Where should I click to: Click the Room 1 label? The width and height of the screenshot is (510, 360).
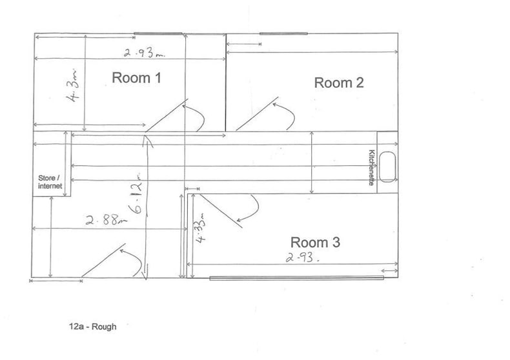[136, 78]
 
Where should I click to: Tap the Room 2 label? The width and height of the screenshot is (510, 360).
[339, 83]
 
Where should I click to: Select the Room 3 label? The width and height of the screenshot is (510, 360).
[315, 243]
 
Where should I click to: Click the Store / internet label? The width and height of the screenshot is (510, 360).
[50, 182]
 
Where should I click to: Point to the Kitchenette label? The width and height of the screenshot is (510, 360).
[372, 167]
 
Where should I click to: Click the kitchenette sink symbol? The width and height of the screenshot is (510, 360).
[387, 167]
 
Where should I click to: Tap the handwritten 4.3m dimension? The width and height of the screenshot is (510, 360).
[73, 85]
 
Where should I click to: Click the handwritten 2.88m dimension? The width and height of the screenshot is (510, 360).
[107, 220]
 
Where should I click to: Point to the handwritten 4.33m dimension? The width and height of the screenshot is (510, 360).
[201, 228]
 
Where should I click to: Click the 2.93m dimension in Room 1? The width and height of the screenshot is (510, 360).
[144, 53]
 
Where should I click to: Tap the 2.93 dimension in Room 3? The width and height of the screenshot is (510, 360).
[302, 257]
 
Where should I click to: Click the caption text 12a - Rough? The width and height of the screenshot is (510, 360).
[93, 326]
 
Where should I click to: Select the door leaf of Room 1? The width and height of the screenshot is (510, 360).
[167, 115]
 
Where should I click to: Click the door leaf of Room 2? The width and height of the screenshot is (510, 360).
[257, 114]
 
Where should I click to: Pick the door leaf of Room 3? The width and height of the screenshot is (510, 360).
[221, 211]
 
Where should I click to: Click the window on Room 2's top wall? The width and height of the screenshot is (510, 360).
[283, 34]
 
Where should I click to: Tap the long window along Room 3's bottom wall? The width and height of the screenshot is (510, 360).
[296, 278]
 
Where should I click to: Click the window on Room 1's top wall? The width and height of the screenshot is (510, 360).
[158, 34]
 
